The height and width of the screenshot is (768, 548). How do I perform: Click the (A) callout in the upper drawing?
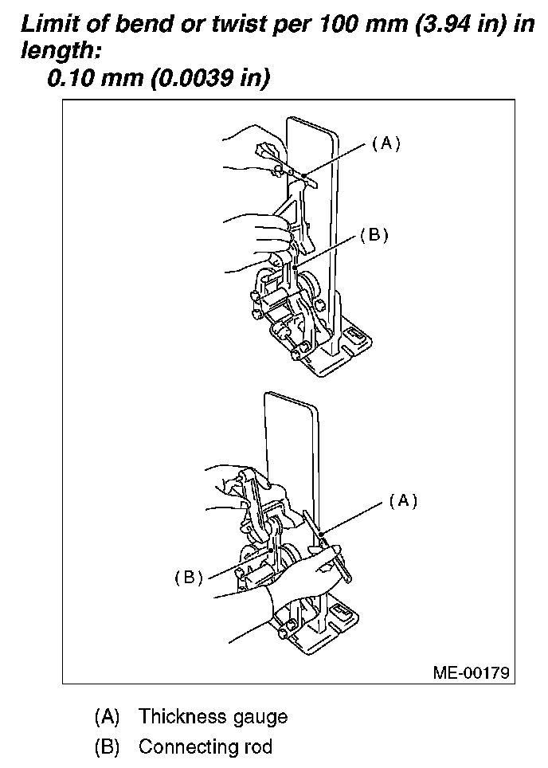pyautogui.click(x=386, y=143)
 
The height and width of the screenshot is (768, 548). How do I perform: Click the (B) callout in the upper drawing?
pyautogui.click(x=374, y=235)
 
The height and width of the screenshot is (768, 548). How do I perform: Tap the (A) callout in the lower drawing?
pyautogui.click(x=403, y=500)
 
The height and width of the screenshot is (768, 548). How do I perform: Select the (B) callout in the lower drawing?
pyautogui.click(x=190, y=578)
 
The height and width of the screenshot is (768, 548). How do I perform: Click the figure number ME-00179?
pyautogui.click(x=471, y=671)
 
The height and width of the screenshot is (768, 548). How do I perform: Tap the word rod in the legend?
pyautogui.click(x=258, y=747)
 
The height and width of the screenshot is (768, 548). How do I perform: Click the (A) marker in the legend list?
pyautogui.click(x=107, y=716)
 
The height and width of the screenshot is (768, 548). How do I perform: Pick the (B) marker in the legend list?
pyautogui.click(x=107, y=747)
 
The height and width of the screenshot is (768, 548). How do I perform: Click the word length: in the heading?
pyautogui.click(x=54, y=50)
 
